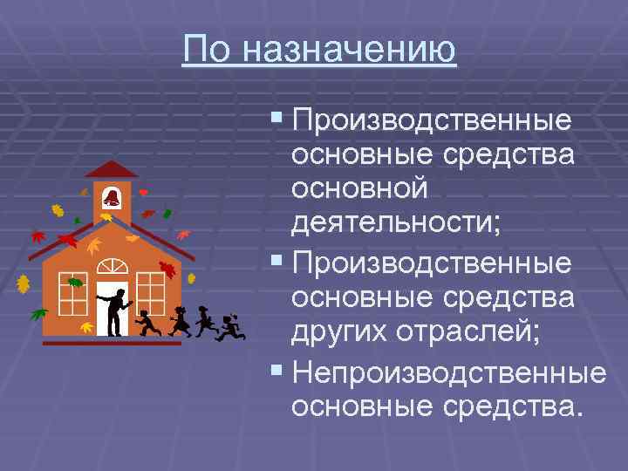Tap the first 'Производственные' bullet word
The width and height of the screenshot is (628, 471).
point(433,120)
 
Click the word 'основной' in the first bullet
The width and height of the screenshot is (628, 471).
point(359,188)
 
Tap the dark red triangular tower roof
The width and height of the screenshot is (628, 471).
point(112,169)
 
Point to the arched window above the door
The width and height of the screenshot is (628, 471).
point(112,266)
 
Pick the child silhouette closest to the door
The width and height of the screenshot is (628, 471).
point(147,323)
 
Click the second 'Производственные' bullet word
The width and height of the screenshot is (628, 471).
point(433,263)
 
